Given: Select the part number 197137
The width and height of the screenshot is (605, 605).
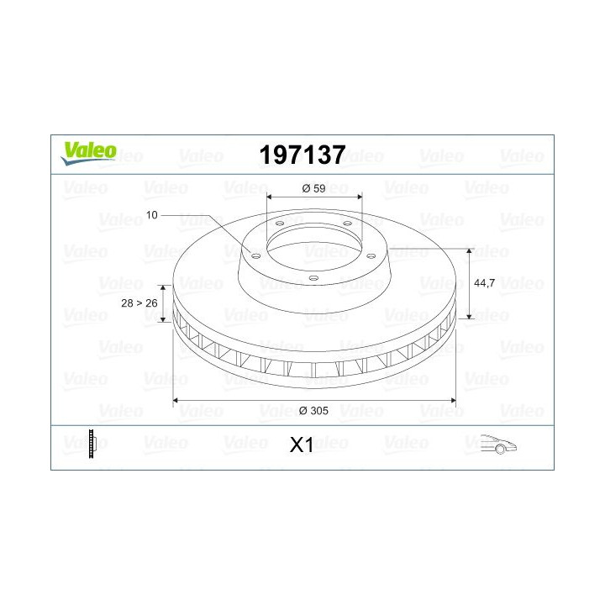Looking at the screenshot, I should coord(302,154).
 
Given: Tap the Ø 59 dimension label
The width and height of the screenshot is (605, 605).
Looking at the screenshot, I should coord(313,188).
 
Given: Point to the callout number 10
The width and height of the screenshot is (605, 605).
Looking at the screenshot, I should coord(151,216).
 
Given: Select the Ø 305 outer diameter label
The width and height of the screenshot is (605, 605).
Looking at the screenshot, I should coord(313,411).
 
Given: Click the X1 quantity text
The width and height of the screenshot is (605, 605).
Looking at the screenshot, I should coord(301,445).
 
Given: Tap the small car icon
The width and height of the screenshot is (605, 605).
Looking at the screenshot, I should coord(497,445).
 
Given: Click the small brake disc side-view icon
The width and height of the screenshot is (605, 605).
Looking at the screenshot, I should coord(93,443).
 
